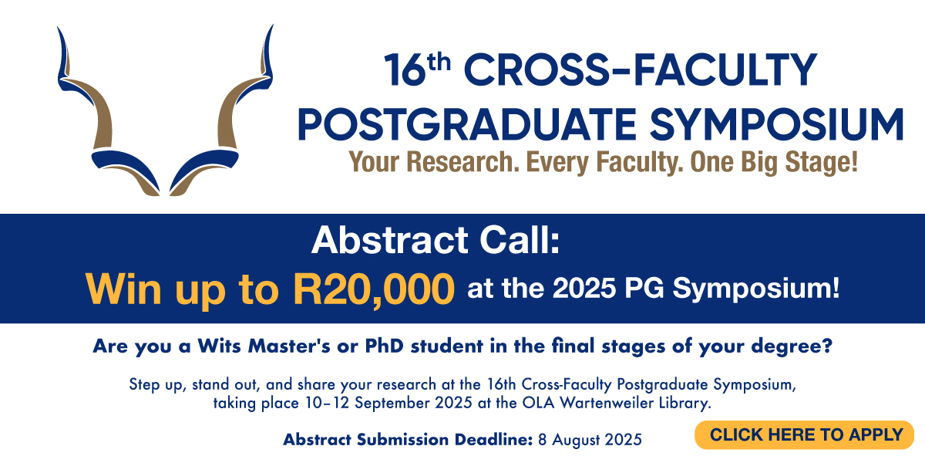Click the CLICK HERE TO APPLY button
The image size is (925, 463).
[x=804, y=435]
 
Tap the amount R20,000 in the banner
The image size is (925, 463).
[x=374, y=289]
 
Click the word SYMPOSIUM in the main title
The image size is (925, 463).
[x=776, y=124]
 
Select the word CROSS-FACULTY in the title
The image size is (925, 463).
[x=641, y=69]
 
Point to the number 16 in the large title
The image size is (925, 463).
[x=405, y=70]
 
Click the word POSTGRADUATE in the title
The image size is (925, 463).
[x=466, y=124]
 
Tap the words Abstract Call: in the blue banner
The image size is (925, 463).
[x=436, y=241]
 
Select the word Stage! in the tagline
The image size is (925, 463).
[x=822, y=162]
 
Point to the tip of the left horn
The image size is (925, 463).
[x=57, y=27]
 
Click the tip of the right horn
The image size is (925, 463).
[x=273, y=25]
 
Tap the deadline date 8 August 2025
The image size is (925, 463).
[x=590, y=440]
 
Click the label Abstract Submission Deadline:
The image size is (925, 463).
[x=408, y=439]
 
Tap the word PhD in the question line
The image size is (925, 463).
[x=384, y=346]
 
